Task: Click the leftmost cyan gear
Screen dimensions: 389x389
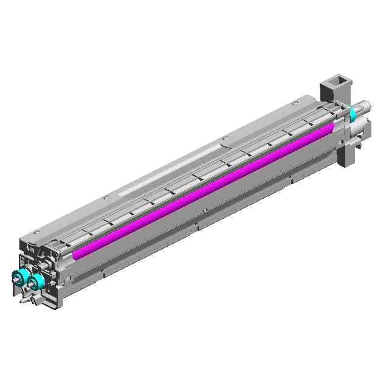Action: (20, 277)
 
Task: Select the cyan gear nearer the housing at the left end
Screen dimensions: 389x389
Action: (37, 280)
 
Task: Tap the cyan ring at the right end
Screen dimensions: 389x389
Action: (353, 114)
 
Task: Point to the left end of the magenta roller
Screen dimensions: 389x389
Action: (75, 254)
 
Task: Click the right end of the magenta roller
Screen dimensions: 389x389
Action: (331, 127)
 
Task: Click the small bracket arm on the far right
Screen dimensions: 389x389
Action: (363, 142)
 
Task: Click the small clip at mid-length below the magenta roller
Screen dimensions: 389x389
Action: (196, 226)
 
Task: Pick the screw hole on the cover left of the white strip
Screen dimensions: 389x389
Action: (107, 197)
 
